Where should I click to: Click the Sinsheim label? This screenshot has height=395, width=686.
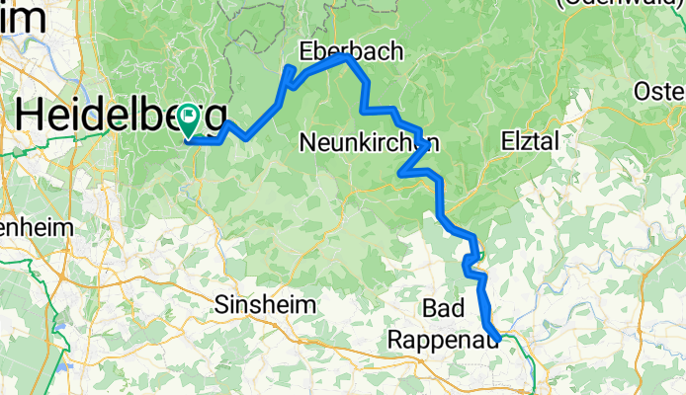click(266, 305)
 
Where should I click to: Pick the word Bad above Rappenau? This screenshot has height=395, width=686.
click(441, 308)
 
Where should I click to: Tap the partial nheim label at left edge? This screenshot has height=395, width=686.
click(37, 227)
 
